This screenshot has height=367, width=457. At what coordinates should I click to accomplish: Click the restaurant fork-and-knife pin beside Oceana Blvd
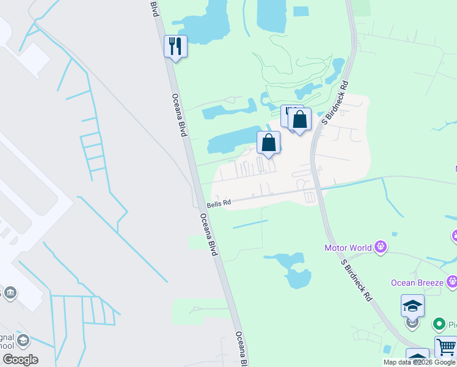(x=175, y=46)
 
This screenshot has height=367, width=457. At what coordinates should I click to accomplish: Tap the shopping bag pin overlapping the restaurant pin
(x=300, y=120)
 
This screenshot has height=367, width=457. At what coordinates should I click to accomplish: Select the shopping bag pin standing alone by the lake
(x=268, y=143)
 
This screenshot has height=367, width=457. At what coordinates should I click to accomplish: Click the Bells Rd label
(x=219, y=203)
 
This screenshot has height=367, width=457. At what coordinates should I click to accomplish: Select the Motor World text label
(x=348, y=248)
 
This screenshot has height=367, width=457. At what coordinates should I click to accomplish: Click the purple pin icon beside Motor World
(x=381, y=247)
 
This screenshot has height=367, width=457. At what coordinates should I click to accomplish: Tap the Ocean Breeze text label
(x=418, y=282)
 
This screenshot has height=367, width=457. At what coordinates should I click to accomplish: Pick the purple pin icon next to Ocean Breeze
(x=452, y=281)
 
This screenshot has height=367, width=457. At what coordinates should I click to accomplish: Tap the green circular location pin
(x=438, y=324)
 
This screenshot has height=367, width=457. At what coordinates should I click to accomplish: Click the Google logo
(x=20, y=360)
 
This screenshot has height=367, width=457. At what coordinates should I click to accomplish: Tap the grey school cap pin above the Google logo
(x=23, y=341)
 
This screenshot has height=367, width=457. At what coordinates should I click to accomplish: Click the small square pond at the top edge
(x=301, y=11)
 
